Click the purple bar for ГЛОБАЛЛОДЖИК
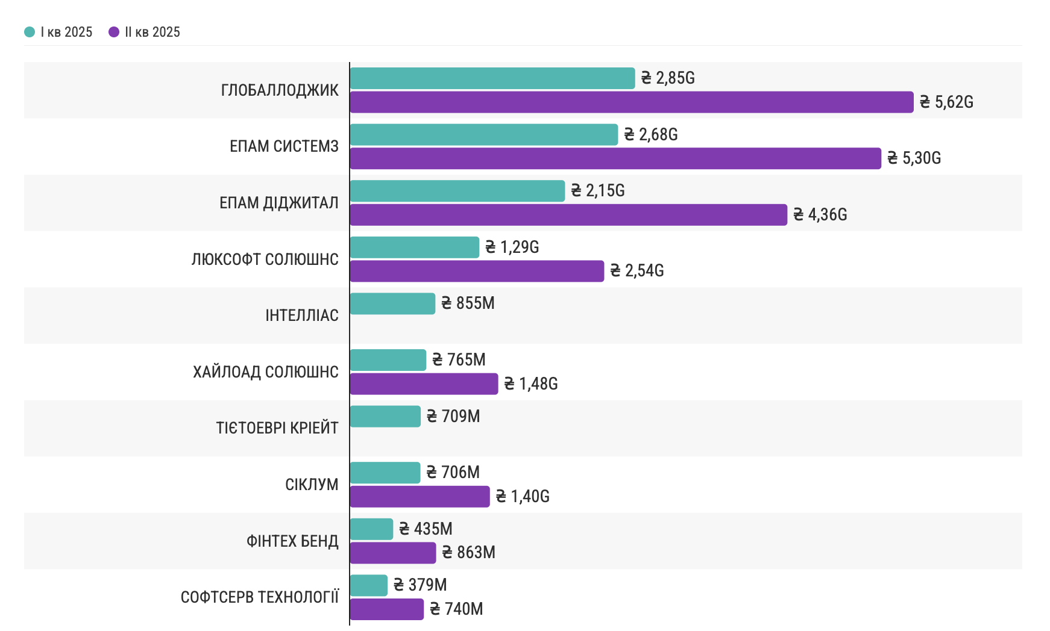click(631, 102)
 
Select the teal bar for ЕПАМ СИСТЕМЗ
click(483, 135)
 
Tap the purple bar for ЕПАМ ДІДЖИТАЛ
click(568, 215)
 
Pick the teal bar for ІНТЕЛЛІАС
click(392, 303)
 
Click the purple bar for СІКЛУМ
click(420, 497)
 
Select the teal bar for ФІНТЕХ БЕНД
click(371, 529)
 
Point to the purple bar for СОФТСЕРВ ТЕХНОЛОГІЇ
click(386, 609)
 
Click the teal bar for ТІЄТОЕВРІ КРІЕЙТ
click(385, 417)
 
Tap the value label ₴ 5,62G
click(946, 102)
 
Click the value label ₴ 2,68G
click(651, 135)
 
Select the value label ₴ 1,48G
click(531, 384)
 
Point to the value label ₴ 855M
click(468, 303)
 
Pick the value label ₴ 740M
click(456, 609)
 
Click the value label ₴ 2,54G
click(637, 271)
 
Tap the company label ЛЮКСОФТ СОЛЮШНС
click(265, 260)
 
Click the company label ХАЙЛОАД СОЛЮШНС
click(266, 372)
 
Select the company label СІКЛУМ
click(312, 485)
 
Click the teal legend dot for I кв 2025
click(30, 32)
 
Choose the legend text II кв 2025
click(152, 32)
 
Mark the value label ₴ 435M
click(426, 529)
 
